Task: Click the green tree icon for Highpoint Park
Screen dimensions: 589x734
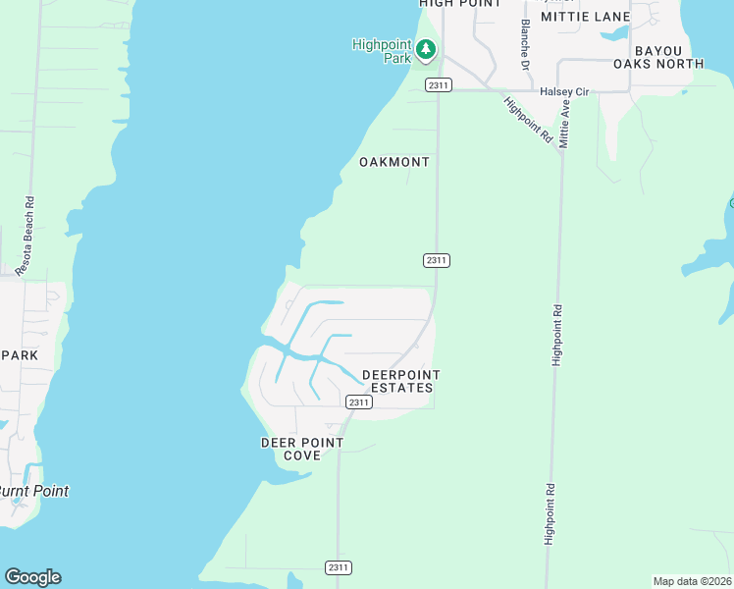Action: click(426, 50)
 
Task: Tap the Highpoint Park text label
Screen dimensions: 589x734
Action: click(382, 50)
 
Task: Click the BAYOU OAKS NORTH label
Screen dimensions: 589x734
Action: click(668, 57)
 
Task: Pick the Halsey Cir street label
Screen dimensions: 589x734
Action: click(563, 91)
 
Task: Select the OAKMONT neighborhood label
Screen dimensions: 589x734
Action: click(394, 162)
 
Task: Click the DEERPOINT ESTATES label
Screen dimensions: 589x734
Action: click(400, 381)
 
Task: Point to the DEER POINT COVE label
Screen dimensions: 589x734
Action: click(302, 449)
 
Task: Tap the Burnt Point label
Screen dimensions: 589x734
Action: click(33, 491)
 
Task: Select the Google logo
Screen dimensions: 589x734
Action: click(32, 577)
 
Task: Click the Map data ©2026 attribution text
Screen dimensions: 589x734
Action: click(692, 581)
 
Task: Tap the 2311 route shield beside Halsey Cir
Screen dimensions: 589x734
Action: click(439, 85)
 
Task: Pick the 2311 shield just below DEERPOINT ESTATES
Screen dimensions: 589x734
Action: click(358, 402)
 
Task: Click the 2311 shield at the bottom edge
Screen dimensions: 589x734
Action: click(339, 568)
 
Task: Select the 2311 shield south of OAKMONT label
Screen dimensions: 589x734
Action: click(437, 260)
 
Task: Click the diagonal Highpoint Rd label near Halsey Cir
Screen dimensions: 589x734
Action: click(529, 120)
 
